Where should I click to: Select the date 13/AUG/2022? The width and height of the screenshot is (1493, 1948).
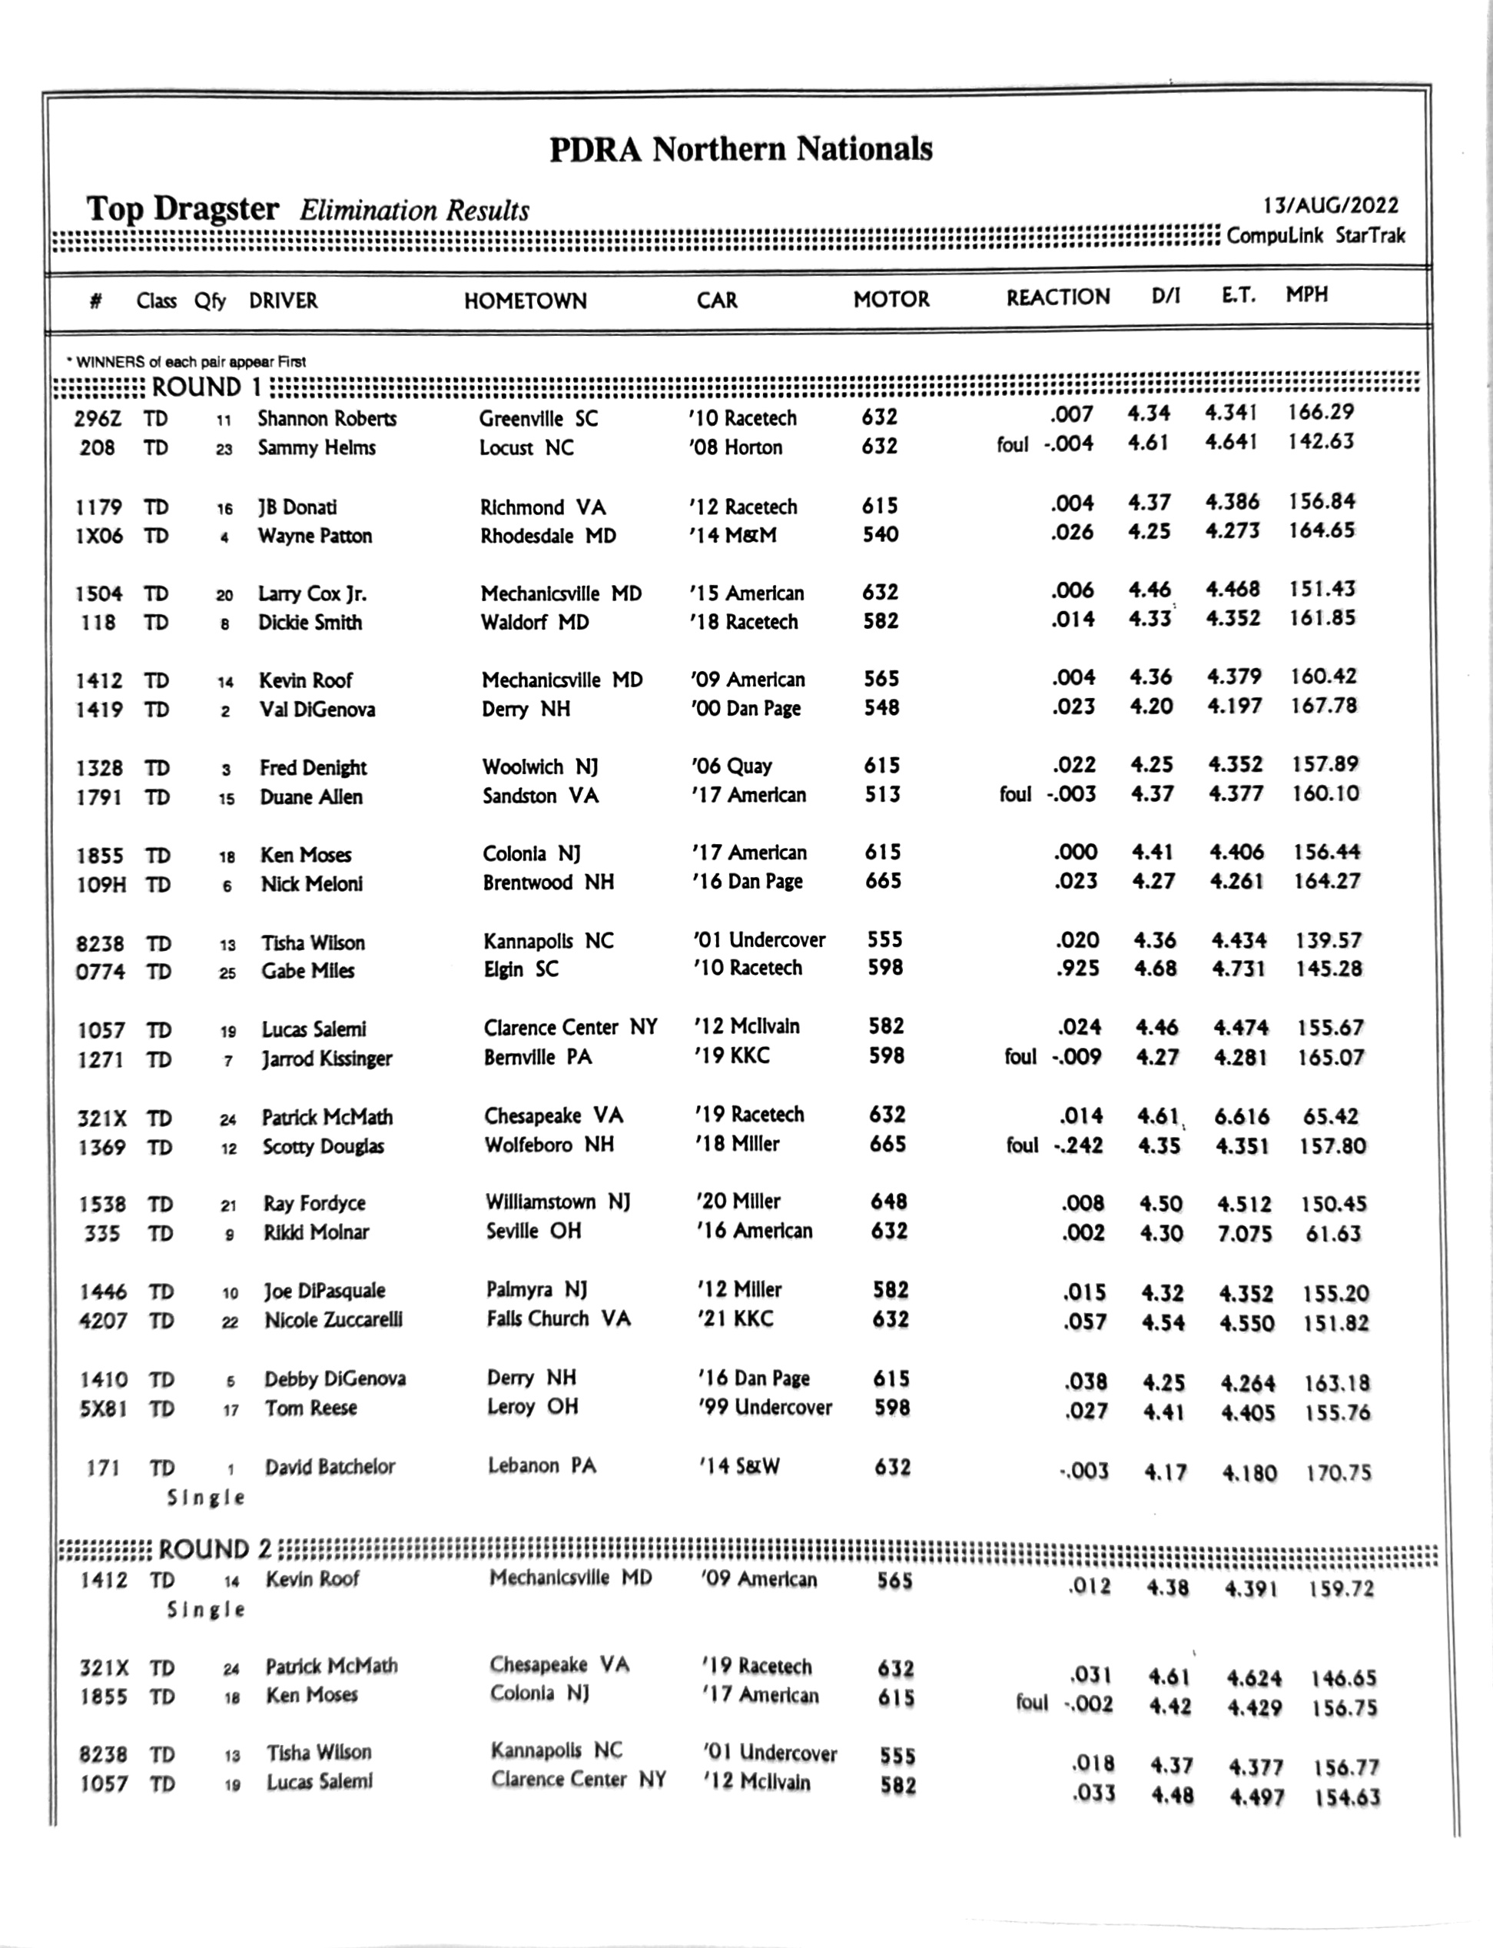(1330, 205)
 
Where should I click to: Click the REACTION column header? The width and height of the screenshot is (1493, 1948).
(1057, 297)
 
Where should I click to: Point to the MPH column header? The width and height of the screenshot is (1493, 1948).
(1306, 295)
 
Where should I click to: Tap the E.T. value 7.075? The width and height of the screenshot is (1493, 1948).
(1244, 1234)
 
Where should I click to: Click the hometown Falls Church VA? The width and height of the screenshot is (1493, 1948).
(558, 1318)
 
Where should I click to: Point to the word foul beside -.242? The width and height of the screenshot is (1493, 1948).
(1022, 1145)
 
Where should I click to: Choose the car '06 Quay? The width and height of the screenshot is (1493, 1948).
(732, 766)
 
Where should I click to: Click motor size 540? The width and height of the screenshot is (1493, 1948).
(881, 534)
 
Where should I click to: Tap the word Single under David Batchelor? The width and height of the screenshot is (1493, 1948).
(205, 1498)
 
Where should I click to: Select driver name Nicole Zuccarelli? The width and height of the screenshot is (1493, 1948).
(333, 1320)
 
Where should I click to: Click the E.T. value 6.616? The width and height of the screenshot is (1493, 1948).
(1243, 1117)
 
